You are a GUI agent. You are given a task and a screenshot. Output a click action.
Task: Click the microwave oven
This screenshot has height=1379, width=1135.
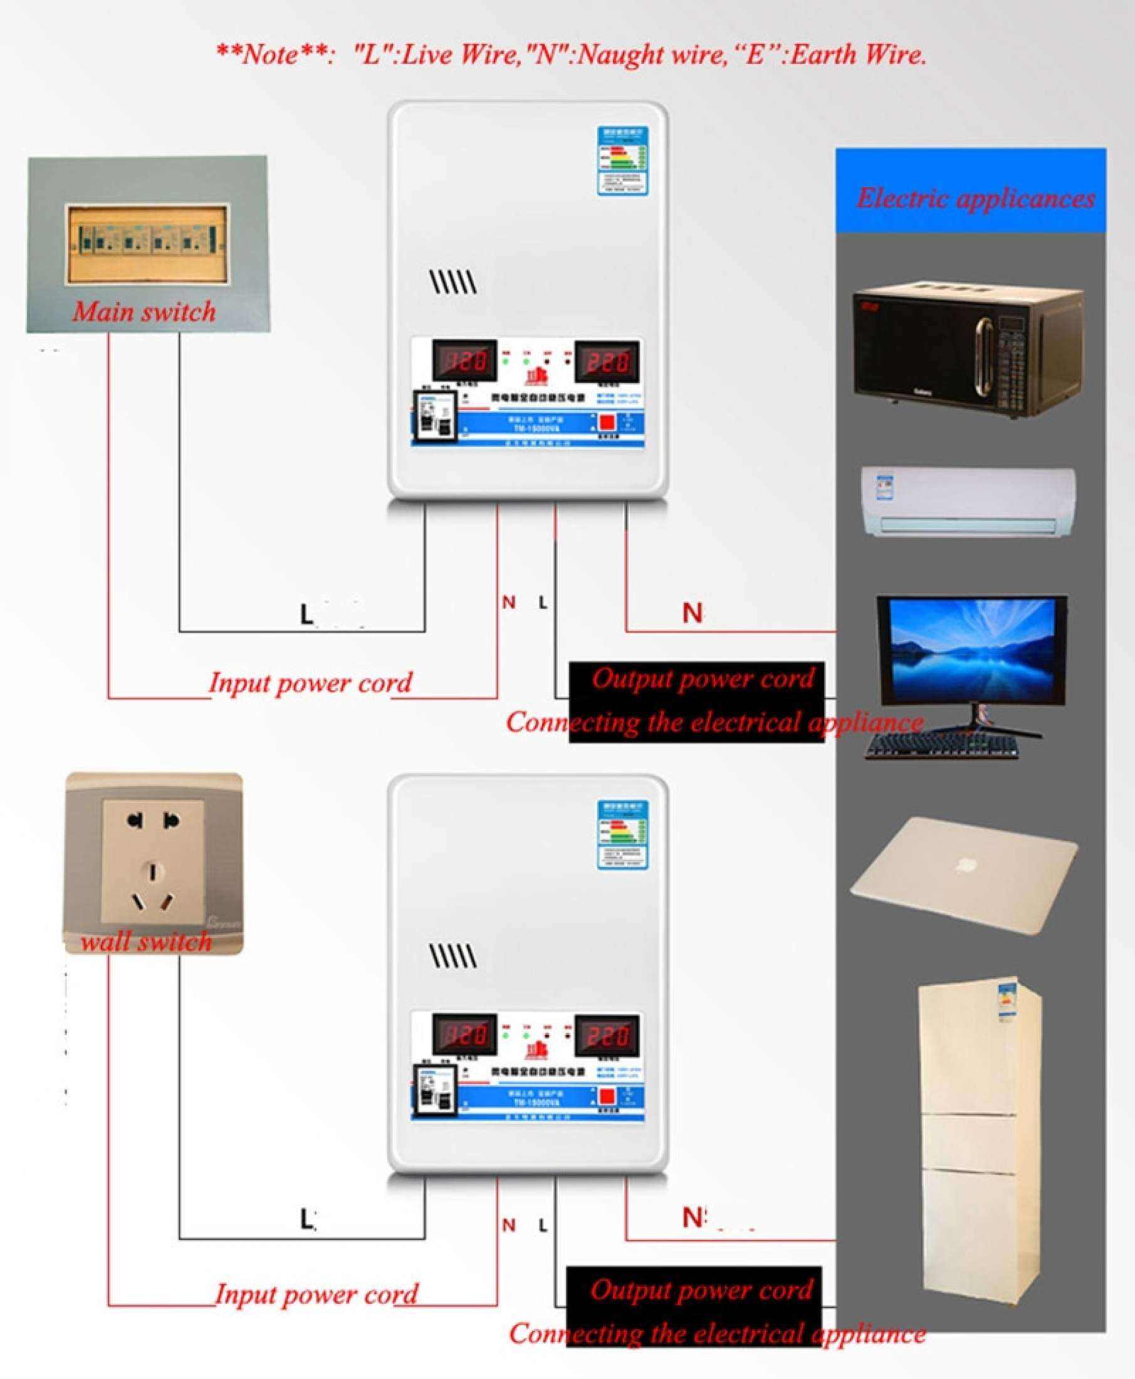(x=967, y=353)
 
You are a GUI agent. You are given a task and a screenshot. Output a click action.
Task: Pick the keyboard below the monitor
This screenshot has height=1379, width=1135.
(x=941, y=745)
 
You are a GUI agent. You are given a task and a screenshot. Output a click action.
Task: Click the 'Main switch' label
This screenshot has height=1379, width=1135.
(x=144, y=312)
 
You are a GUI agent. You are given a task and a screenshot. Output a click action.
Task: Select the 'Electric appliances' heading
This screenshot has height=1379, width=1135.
(x=975, y=198)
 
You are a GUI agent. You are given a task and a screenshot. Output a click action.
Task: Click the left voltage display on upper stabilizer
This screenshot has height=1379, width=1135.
(x=464, y=361)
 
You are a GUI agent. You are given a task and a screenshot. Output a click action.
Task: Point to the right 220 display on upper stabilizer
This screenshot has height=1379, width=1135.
(x=606, y=361)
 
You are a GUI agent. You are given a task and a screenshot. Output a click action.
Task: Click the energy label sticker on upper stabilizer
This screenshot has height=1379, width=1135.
(x=621, y=161)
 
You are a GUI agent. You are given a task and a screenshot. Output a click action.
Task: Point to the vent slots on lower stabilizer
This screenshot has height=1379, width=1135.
(x=452, y=957)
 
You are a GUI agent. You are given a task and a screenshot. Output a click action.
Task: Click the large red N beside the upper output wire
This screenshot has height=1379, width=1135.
(x=693, y=612)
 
